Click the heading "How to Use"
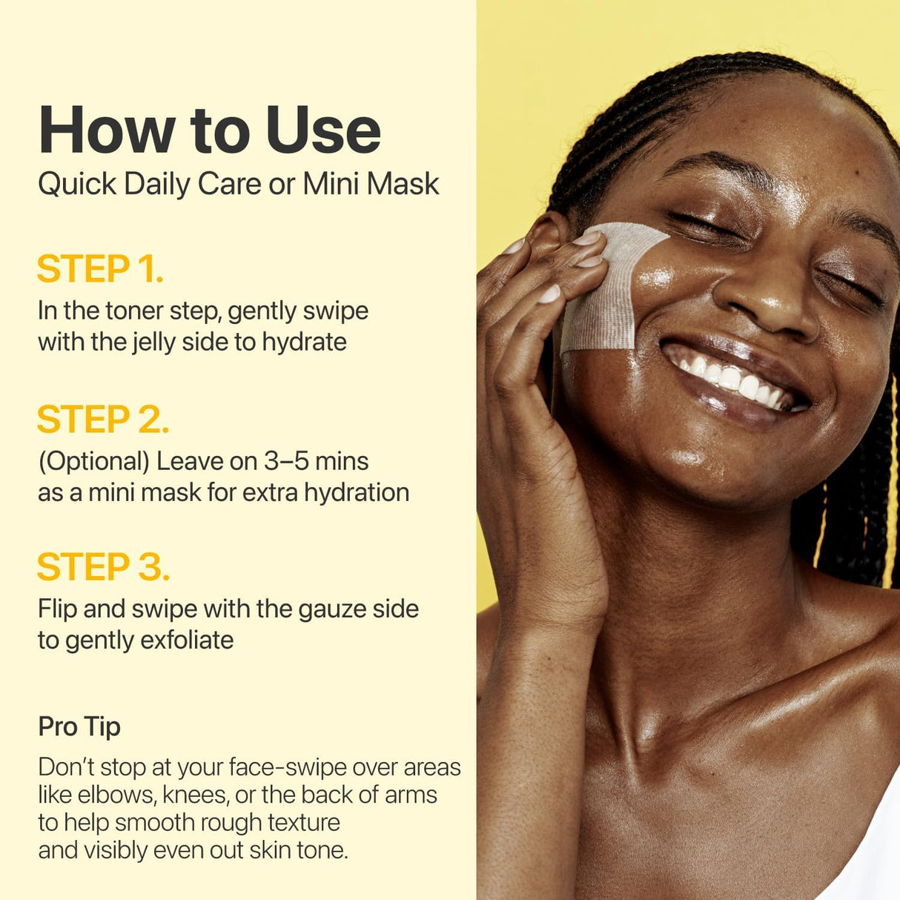pos(210,130)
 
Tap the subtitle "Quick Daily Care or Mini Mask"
pos(238,184)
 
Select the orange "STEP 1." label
pos(100,269)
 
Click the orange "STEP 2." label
pos(103,420)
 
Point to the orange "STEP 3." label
pos(103,567)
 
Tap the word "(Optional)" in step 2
pos(94,461)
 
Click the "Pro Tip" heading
pos(79,727)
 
